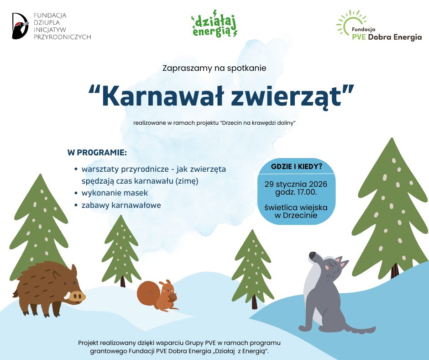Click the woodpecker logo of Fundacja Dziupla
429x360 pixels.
[x=21, y=26]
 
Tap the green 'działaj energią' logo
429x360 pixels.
[x=214, y=26]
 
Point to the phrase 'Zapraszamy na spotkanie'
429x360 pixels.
[x=214, y=68]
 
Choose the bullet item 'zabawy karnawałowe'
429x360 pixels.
[x=121, y=205]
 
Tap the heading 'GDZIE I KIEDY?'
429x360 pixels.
[x=297, y=166]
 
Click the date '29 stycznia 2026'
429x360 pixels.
[x=296, y=185]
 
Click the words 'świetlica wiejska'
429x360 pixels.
[x=296, y=207]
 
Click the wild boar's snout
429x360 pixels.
[x=78, y=296]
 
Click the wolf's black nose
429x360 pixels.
[x=312, y=255]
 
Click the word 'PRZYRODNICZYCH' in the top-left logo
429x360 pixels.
[x=63, y=37]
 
